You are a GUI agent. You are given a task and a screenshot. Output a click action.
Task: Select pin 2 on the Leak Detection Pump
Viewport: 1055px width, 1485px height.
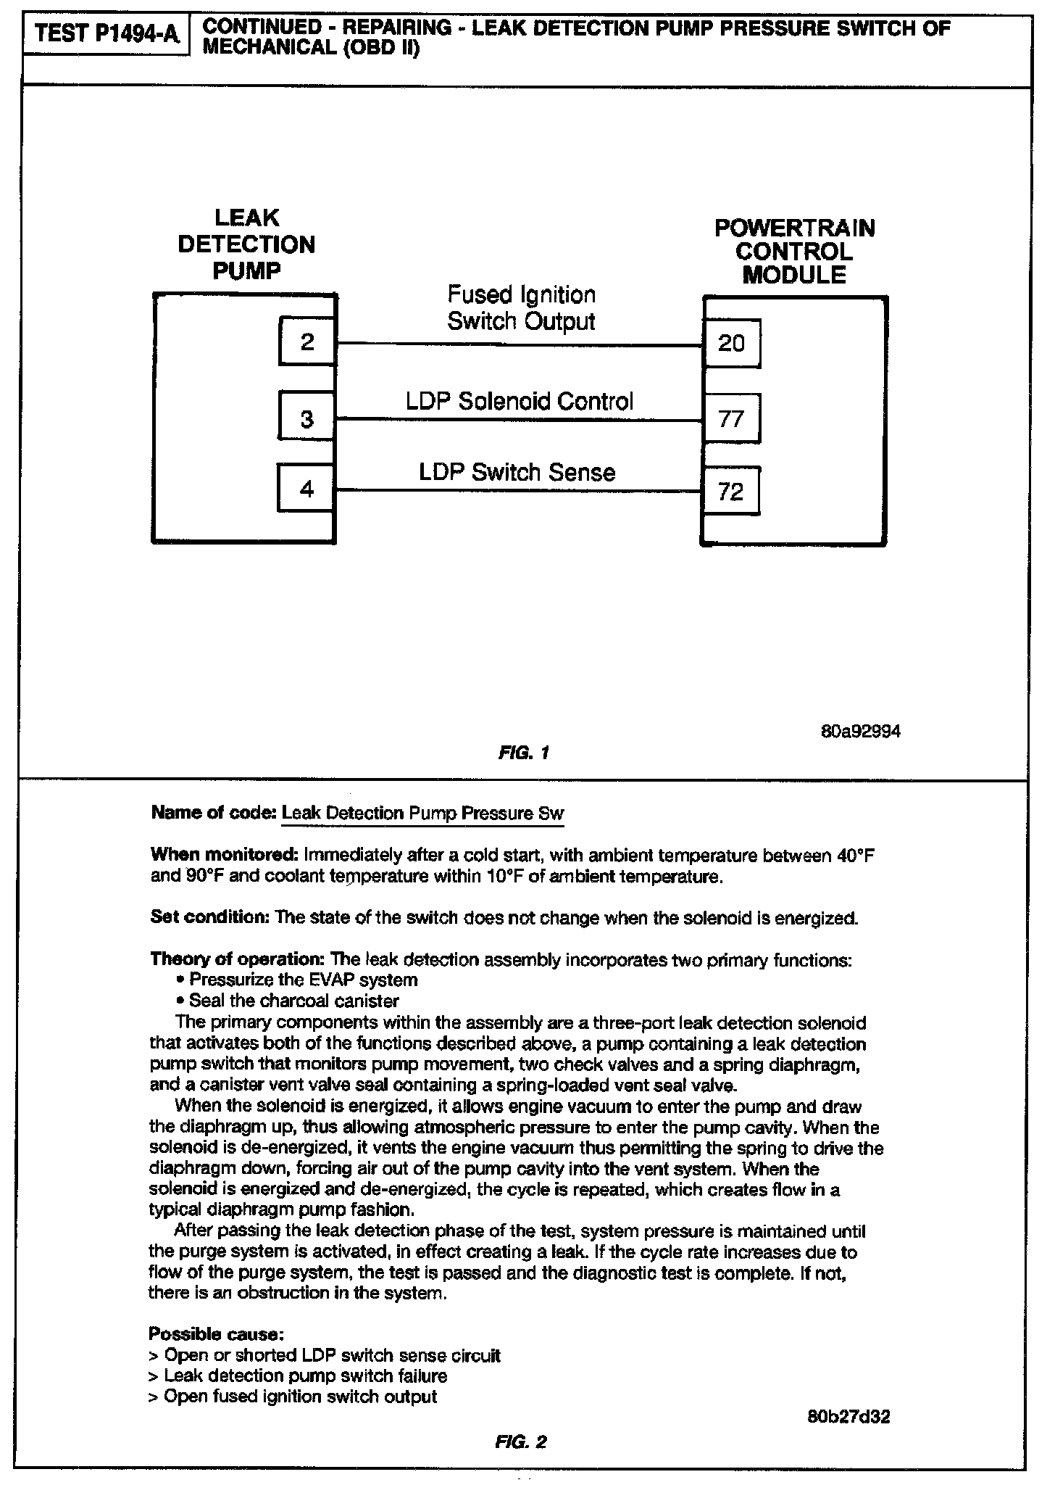tap(307, 342)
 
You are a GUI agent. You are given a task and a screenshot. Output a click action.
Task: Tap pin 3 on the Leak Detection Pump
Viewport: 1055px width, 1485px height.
tap(307, 418)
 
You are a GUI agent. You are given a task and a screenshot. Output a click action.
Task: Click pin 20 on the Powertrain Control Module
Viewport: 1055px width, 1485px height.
tap(732, 343)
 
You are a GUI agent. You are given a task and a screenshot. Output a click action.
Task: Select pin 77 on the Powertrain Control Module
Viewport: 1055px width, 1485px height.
tap(732, 418)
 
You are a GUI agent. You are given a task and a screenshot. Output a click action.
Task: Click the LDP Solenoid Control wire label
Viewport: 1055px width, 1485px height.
tap(520, 401)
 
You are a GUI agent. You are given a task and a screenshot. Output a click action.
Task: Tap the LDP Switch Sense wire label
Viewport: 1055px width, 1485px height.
tap(517, 473)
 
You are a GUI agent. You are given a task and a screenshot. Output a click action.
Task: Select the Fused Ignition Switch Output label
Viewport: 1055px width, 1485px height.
tap(522, 308)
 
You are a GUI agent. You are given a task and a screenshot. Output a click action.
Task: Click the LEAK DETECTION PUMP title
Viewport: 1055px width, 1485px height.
tap(246, 244)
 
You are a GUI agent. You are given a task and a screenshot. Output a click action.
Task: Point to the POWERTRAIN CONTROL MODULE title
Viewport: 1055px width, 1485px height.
tap(795, 252)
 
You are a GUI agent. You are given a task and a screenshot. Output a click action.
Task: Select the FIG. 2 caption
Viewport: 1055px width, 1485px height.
tap(520, 1442)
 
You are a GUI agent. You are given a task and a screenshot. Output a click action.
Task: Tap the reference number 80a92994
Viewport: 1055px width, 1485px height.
tap(861, 732)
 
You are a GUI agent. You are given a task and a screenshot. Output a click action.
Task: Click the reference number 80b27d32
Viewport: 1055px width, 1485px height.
tap(848, 1418)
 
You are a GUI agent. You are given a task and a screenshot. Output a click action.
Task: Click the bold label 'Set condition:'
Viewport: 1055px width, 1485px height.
tap(209, 917)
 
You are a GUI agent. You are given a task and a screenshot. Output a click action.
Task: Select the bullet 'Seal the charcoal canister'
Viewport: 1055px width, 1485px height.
tap(293, 1001)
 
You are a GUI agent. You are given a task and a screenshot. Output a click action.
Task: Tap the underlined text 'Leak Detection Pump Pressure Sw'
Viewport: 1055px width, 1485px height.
tap(422, 813)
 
